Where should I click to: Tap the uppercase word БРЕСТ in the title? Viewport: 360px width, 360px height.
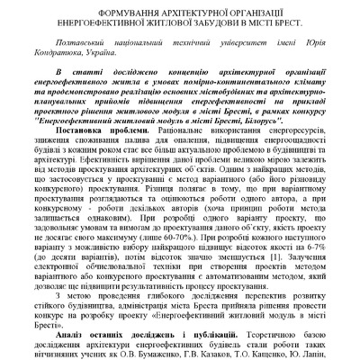(283, 22)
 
